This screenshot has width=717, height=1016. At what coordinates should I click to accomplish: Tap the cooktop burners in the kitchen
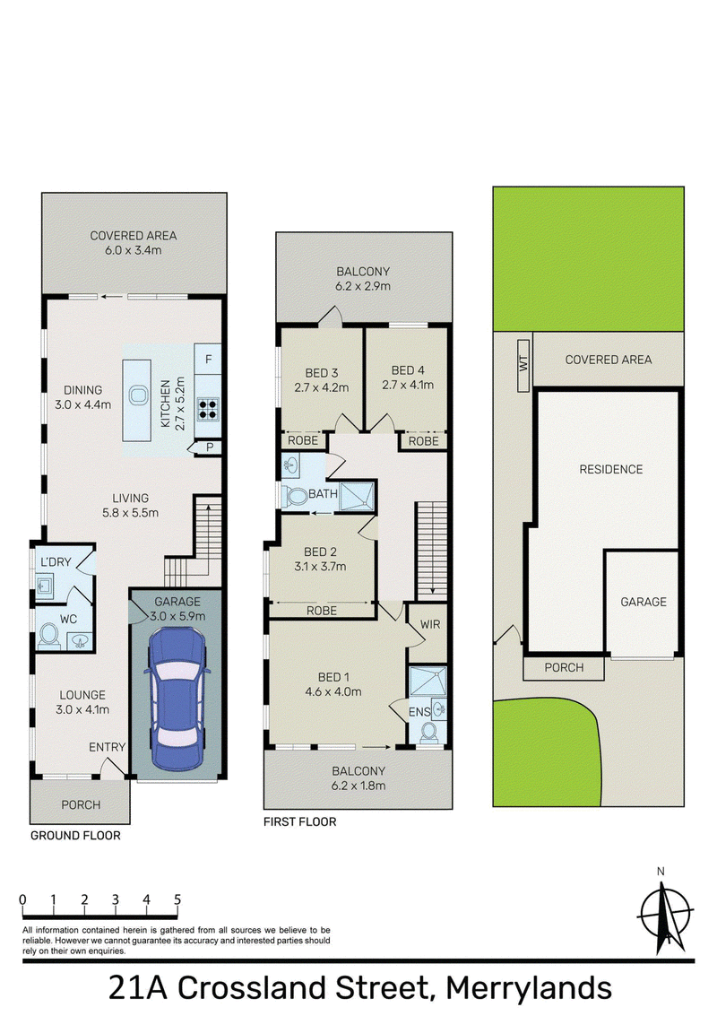point(208,408)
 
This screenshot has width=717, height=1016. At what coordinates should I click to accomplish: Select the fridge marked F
point(208,359)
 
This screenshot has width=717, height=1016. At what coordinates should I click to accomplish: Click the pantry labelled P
point(209,447)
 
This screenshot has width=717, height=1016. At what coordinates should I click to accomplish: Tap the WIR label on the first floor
point(430,624)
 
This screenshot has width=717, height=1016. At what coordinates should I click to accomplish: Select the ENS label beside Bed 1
point(419,711)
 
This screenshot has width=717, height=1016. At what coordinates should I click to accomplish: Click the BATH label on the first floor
point(323,494)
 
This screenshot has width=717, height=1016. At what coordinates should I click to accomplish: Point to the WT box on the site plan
point(523,365)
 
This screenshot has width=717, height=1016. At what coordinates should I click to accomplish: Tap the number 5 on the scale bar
point(177,899)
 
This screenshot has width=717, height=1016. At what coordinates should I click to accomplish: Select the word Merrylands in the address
point(529,989)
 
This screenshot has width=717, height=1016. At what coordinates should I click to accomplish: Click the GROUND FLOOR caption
point(75,836)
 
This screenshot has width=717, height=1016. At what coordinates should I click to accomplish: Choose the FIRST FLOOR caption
point(300,821)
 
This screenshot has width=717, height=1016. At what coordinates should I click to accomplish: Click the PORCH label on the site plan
point(564,667)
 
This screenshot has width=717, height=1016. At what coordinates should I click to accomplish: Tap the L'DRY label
point(56,561)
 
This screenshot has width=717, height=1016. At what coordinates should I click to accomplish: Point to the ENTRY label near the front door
point(107,747)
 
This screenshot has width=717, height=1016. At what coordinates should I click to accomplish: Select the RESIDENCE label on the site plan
point(610,469)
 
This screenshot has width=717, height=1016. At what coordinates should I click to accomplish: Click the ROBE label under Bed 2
point(321,611)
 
